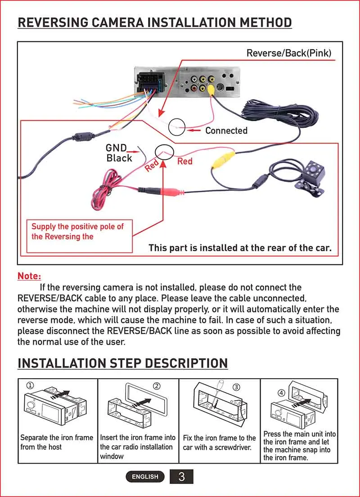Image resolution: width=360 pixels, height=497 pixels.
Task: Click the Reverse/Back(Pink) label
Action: (288, 53)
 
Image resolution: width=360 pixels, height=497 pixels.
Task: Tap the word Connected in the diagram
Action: (226, 131)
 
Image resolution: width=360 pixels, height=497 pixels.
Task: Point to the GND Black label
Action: (119, 153)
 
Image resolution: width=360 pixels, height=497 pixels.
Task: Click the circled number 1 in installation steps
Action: (30, 385)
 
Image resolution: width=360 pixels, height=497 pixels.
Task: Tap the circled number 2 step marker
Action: (157, 386)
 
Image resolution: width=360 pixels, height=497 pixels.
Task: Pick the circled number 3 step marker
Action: (237, 387)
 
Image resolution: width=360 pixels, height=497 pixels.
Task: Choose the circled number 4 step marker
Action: (281, 393)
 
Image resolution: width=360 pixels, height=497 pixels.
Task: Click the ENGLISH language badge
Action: (145, 477)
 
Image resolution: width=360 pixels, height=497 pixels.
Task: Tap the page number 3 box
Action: (181, 476)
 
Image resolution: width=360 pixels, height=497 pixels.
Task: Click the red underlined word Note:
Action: (29, 276)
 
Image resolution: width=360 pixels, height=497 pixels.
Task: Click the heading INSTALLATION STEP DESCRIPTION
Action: (122, 363)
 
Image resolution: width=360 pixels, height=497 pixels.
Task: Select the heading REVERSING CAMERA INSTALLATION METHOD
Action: (154, 22)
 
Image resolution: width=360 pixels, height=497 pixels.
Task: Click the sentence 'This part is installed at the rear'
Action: (240, 248)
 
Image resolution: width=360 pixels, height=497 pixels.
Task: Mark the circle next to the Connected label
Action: (177, 127)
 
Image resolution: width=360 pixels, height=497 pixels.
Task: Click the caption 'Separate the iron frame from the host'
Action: (57, 442)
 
